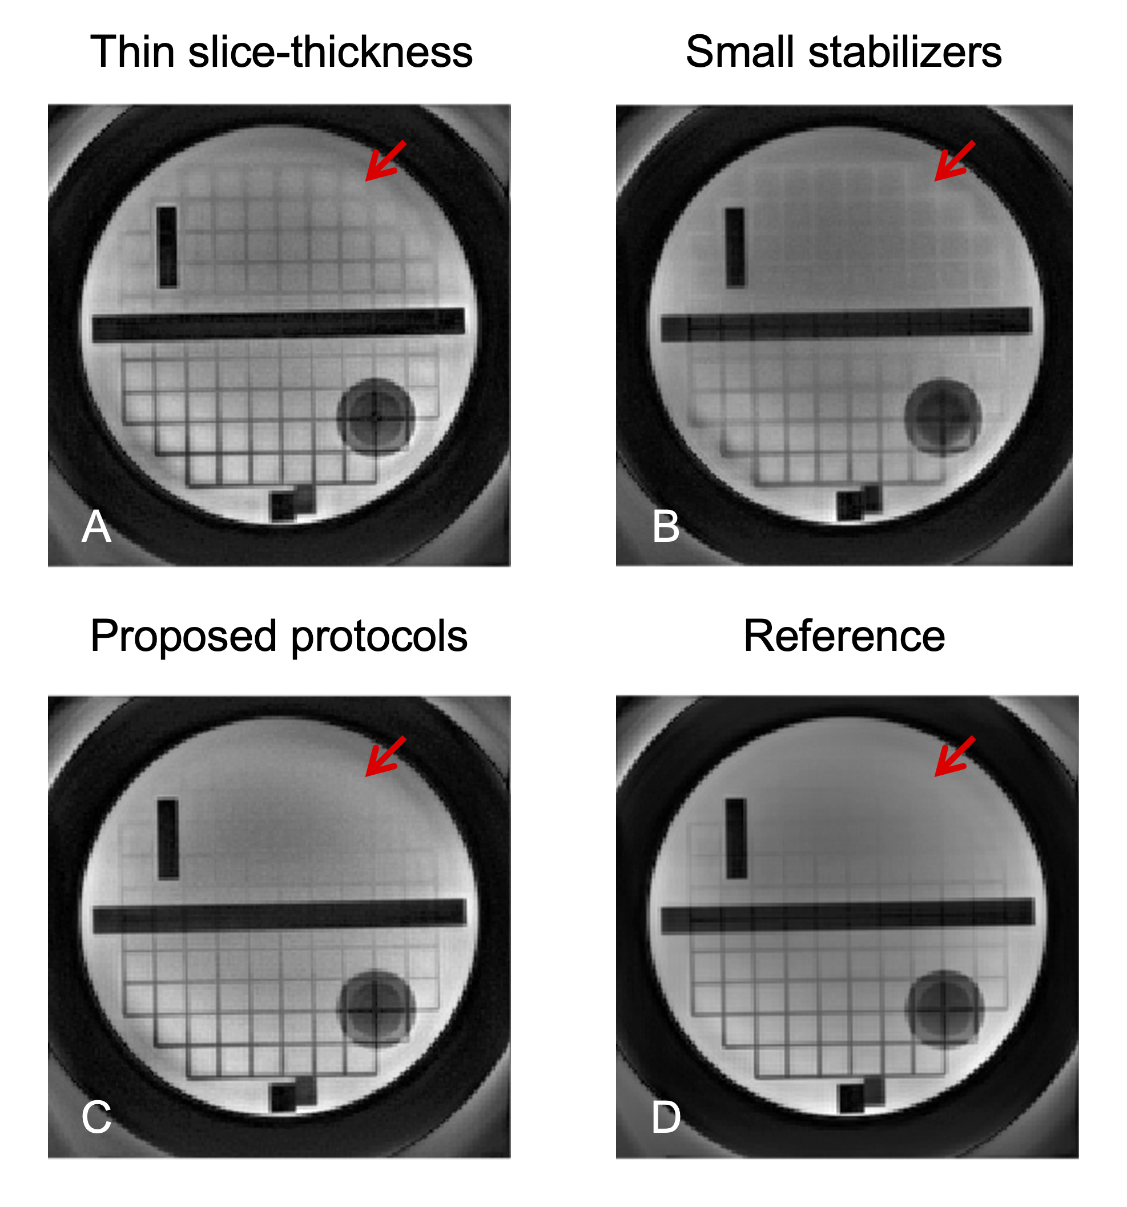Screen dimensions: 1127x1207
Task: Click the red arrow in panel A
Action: point(384,161)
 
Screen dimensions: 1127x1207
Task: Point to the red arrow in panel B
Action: point(954,161)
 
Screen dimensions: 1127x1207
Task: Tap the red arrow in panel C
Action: point(384,757)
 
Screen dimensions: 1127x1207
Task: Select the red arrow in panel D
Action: point(954,757)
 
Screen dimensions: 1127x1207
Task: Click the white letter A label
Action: point(96,526)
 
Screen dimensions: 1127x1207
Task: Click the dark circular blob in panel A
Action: point(375,416)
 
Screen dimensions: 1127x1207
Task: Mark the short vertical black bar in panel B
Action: point(735,247)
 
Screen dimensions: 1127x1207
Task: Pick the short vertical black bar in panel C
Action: point(168,839)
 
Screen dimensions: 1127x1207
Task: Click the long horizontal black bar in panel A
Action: point(278,325)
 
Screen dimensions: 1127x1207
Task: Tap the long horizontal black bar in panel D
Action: point(847,916)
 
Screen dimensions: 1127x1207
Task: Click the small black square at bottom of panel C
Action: point(283,1098)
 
